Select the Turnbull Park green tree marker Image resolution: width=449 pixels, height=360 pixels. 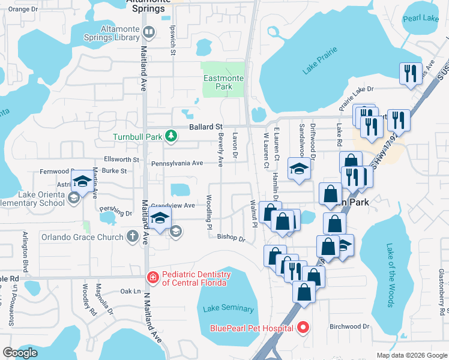pos(171,136)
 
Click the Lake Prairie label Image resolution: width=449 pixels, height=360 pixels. pos(316,64)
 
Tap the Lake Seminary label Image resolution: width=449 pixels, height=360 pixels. pos(228,308)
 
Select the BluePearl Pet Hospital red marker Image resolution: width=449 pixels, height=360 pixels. pos(303,328)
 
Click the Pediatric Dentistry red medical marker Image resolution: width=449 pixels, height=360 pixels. pos(153,277)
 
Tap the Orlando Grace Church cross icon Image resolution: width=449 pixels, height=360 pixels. pos(133,236)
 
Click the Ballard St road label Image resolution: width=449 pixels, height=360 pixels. pos(206,127)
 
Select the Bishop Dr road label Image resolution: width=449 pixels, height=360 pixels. pos(231,238)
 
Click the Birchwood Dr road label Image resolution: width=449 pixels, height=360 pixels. pos(349,326)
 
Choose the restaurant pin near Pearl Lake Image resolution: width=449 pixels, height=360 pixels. pos(410,73)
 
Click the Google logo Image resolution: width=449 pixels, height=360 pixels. pos(20,353)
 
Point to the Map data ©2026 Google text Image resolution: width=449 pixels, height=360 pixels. pos(411,355)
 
